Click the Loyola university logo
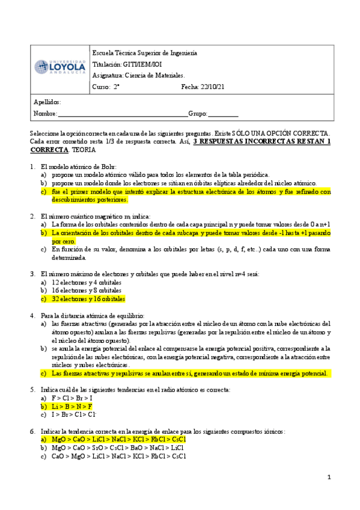pyautogui.click(x=59, y=67)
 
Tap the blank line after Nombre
pyautogui.click(x=123, y=114)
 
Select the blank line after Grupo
pyautogui.click(x=223, y=114)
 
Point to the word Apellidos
pyautogui.click(x=47, y=102)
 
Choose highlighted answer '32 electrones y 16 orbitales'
pyautogui.click(x=88, y=299)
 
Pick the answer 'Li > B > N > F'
pyautogui.click(x=72, y=407)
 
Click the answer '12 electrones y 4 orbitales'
pyautogui.click(x=87, y=282)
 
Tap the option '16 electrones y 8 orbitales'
pyautogui.click(x=87, y=290)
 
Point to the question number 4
pyautogui.click(x=32, y=316)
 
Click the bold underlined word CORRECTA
pyautogui.click(x=49, y=150)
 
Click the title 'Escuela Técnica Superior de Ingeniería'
pyautogui.click(x=145, y=53)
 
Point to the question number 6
pyautogui.click(x=32, y=431)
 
